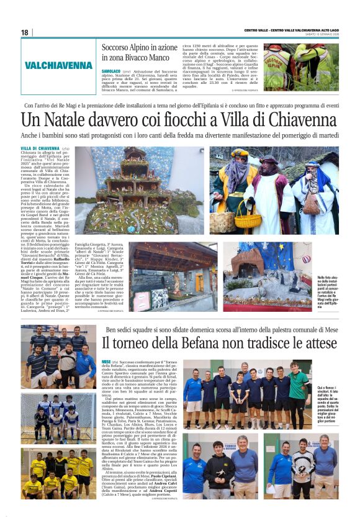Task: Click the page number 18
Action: coord(24,32)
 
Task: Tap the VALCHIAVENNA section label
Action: coord(58,65)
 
